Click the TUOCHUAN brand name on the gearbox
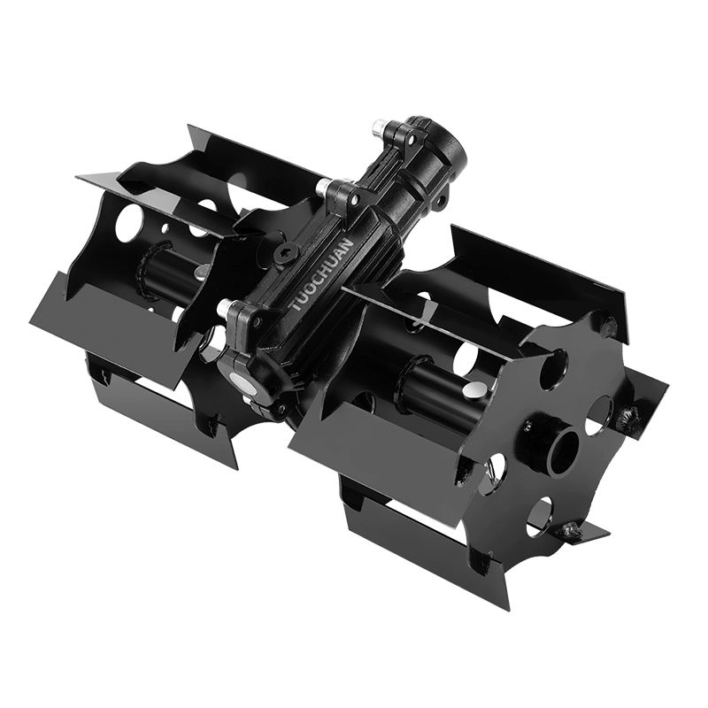click(320, 275)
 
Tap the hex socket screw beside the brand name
click(284, 254)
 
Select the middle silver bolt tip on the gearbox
click(323, 185)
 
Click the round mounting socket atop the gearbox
click(434, 144)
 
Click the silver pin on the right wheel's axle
click(473, 389)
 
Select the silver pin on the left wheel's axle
click(202, 271)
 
